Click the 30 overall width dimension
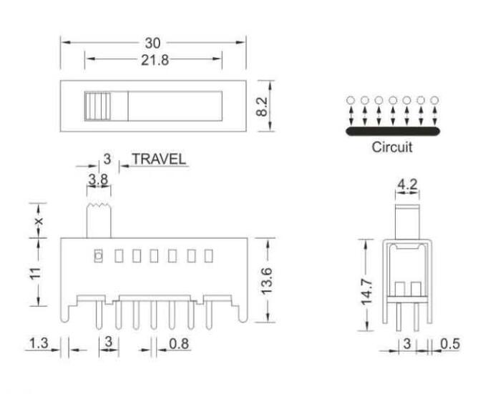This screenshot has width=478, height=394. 153,44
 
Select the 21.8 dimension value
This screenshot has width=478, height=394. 153,61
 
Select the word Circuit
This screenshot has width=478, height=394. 392,149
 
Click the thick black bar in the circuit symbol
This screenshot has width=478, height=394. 392,132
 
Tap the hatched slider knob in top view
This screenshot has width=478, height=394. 97,107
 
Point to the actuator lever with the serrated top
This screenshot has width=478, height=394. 99,221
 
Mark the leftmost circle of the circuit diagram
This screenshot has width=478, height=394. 350,101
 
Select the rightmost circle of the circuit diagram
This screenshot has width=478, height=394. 434,101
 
